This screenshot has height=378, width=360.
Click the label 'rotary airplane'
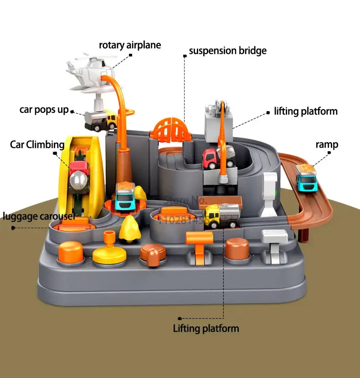[x=130, y=45]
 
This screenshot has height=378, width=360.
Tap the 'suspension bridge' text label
[x=227, y=51]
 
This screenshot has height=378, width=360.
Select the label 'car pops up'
[x=44, y=110]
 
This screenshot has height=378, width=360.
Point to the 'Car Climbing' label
[x=37, y=145]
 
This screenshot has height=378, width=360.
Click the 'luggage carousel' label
[x=38, y=216]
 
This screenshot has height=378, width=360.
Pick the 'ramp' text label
[x=327, y=145]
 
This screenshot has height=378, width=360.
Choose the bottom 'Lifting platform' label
[x=206, y=328]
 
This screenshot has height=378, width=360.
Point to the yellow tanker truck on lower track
[x=222, y=215]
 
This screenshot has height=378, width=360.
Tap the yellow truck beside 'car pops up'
[x=101, y=120]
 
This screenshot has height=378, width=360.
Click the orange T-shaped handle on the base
[x=199, y=246]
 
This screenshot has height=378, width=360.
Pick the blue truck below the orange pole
[x=124, y=197]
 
